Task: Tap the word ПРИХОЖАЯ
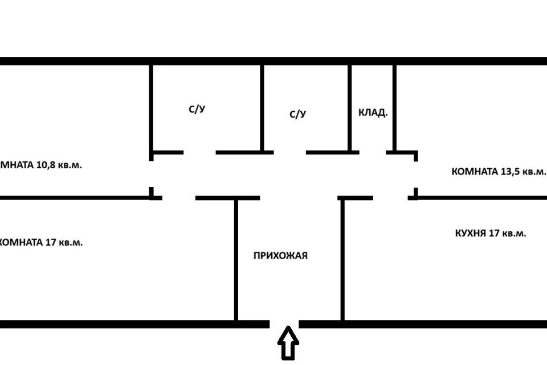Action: pos(280,255)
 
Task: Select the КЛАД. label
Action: pos(373,113)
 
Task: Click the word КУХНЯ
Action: pos(470,233)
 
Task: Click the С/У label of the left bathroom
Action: pos(197,109)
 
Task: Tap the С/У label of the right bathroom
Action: pos(298,114)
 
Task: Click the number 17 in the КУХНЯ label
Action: pos(495,233)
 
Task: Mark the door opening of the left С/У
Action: pos(199,153)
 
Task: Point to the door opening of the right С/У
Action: pos(289,153)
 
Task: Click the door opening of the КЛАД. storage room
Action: pos(373,153)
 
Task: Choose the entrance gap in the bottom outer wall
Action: pos(284,324)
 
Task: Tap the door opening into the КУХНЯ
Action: pos(390,198)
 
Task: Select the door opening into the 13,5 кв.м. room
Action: pos(415,176)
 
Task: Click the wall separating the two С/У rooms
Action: pos(262,108)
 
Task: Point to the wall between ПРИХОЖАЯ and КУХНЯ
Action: pos(342,259)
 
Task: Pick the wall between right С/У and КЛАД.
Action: pos(350,108)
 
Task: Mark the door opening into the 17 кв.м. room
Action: pos(179,198)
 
